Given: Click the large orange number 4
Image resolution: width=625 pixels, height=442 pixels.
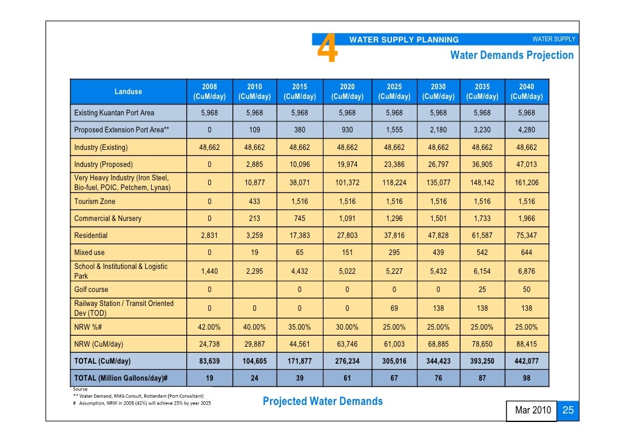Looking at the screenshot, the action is click(x=327, y=48).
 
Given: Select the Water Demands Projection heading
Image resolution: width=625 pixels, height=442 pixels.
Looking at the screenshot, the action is click(x=512, y=55).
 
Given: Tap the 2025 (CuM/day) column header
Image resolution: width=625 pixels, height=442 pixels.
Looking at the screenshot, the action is click(x=394, y=91).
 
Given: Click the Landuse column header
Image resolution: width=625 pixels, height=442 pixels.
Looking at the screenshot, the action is click(x=129, y=91).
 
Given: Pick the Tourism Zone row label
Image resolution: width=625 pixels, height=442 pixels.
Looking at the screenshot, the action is click(x=95, y=202).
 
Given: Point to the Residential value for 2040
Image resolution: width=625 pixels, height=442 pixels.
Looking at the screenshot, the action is click(x=527, y=236).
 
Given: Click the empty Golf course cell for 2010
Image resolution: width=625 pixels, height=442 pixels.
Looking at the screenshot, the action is click(x=255, y=290).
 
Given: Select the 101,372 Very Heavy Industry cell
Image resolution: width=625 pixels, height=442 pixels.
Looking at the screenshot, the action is click(x=347, y=183).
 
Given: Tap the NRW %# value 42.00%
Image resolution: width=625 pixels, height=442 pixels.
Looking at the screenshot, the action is click(x=209, y=327).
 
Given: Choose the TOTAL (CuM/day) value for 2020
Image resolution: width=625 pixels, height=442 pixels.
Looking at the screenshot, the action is click(x=347, y=361).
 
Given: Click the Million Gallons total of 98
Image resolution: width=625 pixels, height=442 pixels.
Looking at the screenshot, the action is click(x=527, y=378).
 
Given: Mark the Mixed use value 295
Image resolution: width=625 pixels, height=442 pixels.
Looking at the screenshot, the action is click(x=394, y=253).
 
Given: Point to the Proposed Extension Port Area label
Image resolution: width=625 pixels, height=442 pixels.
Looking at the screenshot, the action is click(x=121, y=130).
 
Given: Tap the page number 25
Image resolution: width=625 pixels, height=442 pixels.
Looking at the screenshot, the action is click(x=568, y=410).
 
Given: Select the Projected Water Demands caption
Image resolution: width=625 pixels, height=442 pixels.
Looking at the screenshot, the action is click(x=322, y=401).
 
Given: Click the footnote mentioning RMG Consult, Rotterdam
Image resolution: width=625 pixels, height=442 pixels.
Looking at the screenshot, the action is click(x=138, y=396).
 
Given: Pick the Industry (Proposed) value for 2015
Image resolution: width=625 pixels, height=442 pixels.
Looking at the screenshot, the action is click(x=300, y=165).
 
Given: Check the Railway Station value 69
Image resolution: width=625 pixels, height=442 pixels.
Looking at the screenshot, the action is click(x=394, y=308).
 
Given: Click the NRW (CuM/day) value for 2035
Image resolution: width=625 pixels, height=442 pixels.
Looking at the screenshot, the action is click(x=482, y=344).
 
